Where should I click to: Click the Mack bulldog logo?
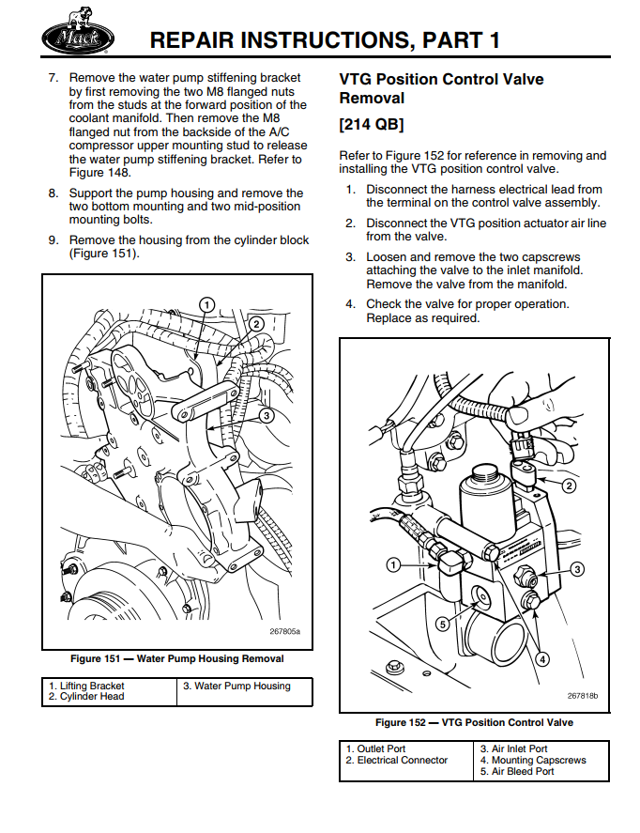78,38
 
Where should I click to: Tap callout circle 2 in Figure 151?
255,324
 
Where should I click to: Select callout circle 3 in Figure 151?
267,414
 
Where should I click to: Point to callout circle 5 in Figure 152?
442,624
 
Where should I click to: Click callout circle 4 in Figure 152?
541,658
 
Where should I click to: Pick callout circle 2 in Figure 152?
569,486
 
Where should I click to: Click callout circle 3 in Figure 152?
578,568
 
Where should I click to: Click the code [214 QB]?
372,124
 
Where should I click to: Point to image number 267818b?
582,696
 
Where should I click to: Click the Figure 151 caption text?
176,658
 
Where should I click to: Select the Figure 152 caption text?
474,722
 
